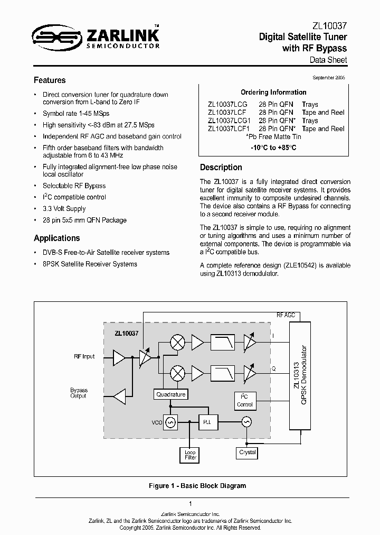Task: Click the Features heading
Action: [50, 80]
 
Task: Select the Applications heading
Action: [57, 238]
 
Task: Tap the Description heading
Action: [221, 168]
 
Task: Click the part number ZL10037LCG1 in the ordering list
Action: [229, 121]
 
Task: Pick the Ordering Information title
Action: [273, 92]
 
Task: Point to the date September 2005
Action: [329, 78]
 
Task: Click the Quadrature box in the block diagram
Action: [171, 394]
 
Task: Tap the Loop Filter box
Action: [190, 455]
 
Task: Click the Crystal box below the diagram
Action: [247, 453]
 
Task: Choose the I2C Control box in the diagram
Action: [244, 401]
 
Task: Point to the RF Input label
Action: [84, 356]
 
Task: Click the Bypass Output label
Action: [79, 393]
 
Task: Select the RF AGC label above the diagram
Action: [286, 315]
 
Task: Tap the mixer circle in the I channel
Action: [178, 343]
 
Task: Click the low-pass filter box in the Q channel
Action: [224, 373]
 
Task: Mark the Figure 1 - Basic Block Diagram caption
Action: [190, 486]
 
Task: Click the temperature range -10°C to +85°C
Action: [273, 147]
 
